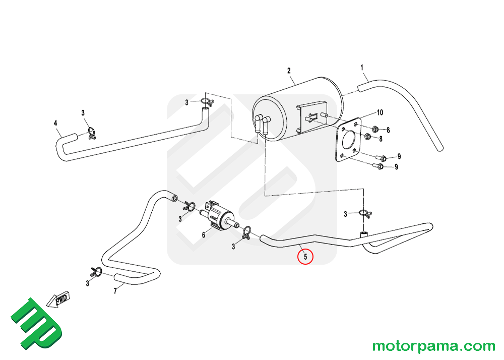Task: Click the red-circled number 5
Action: [305, 257]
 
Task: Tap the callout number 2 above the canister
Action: [289, 71]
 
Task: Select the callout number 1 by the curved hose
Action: [362, 68]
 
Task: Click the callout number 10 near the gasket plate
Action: [380, 112]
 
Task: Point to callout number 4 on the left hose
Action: [55, 123]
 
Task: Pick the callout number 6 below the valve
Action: [204, 235]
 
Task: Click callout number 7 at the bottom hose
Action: [115, 291]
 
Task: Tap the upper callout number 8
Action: [388, 130]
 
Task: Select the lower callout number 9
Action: [396, 167]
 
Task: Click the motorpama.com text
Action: [433, 346]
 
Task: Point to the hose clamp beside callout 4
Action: [92, 133]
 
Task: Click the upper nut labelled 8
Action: [375, 129]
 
